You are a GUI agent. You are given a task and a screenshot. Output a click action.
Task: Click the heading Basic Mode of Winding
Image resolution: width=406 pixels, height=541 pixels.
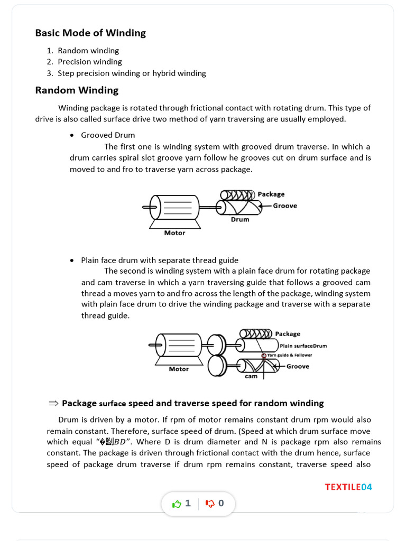pos(90,33)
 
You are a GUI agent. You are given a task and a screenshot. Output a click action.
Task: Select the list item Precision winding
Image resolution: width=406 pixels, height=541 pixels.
pos(89,62)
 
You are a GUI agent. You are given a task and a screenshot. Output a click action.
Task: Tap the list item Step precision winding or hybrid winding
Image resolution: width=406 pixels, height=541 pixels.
pos(132,73)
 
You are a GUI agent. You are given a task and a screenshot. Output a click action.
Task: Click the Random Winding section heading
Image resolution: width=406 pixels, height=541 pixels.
pos(77,90)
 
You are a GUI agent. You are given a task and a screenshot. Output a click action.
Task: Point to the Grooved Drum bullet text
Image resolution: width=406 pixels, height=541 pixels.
pos(108,135)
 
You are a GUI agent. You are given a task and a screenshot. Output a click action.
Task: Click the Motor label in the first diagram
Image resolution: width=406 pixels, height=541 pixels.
pos(174,233)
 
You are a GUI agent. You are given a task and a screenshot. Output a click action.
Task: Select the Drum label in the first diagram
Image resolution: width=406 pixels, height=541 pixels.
pos(239,219)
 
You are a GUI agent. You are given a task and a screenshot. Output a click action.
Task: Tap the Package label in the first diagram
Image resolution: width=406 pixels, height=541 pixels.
pos(271,194)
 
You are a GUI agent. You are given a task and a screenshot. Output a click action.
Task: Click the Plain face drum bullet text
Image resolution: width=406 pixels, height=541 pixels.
pos(159,260)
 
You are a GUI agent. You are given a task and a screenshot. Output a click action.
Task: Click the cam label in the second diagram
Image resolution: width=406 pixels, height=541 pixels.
pos(251,376)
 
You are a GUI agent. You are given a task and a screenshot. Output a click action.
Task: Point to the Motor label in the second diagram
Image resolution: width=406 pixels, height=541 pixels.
pos(179,369)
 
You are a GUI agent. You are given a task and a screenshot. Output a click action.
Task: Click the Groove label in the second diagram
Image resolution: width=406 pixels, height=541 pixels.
pos(298,366)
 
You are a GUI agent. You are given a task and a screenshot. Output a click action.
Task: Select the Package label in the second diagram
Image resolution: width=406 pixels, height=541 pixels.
pos(287,334)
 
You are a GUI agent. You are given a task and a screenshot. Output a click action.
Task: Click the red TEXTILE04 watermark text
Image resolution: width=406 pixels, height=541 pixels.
pos(348,487)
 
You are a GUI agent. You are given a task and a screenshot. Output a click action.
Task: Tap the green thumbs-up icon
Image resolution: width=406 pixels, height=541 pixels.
pos(177,503)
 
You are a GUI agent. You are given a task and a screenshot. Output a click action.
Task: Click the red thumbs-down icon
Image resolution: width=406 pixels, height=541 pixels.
pos(210,503)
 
